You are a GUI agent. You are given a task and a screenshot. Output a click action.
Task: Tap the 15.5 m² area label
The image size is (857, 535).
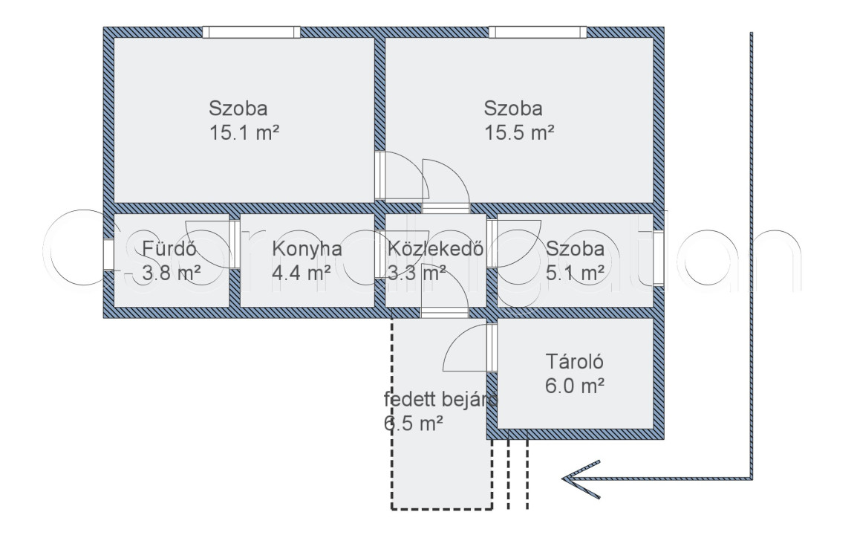[519, 134]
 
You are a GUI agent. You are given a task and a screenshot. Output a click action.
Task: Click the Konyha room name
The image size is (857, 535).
[307, 249]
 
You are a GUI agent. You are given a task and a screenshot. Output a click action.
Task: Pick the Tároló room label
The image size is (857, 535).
[574, 363]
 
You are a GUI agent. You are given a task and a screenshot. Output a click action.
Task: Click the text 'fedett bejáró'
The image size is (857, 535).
[440, 400]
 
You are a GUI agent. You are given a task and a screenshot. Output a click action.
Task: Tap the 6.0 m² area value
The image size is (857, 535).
[574, 386]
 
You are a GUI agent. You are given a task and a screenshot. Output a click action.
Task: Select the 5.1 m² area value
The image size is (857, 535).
[574, 273]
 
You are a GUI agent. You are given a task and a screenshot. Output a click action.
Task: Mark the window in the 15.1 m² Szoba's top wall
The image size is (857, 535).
[252, 32]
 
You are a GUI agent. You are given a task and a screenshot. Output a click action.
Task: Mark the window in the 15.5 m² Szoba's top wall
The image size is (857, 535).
[537, 32]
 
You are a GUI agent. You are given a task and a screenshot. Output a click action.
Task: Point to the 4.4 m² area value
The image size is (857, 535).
[301, 273]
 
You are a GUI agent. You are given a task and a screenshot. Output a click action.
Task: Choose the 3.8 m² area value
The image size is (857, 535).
[172, 273]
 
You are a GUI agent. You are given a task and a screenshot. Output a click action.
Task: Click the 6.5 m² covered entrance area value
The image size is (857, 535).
[414, 424]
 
